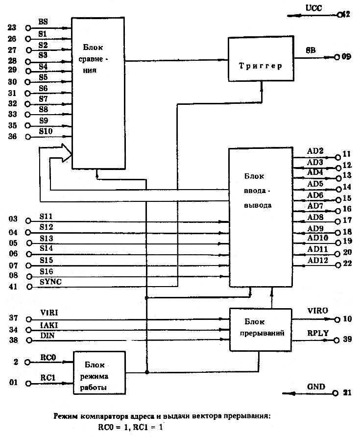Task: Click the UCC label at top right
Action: click(x=313, y=8)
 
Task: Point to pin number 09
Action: click(x=347, y=57)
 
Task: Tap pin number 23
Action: click(x=12, y=28)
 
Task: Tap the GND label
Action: click(x=316, y=387)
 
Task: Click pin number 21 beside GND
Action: click(x=347, y=393)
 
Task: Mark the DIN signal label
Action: click(x=45, y=335)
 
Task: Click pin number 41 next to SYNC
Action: click(x=13, y=286)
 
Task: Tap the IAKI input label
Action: click(x=47, y=324)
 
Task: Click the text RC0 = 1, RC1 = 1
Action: click(x=129, y=427)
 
